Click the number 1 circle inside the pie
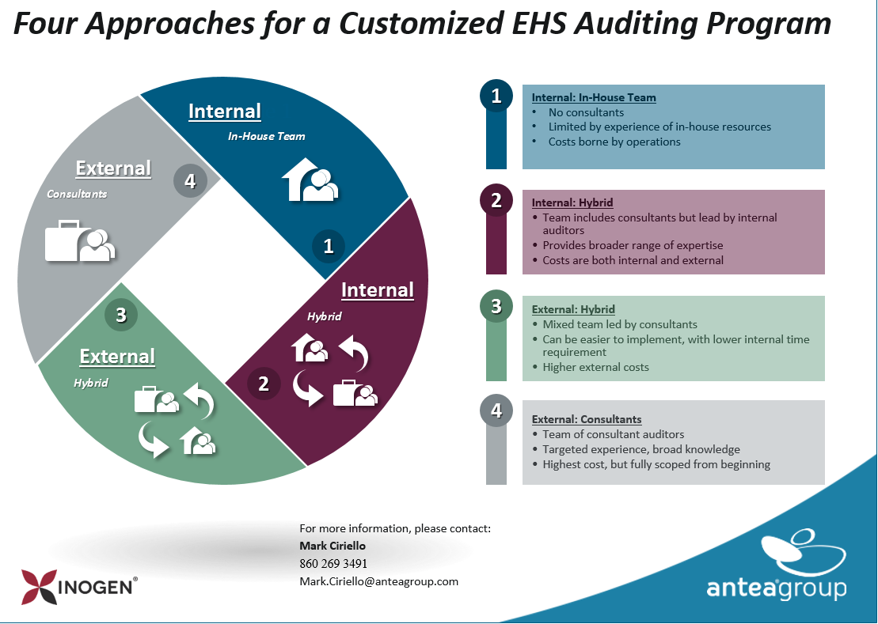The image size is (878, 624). (x=329, y=246)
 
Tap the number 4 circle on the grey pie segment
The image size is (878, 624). (x=190, y=181)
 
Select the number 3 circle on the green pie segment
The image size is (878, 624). (x=121, y=315)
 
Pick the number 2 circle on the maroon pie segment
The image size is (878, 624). (x=264, y=384)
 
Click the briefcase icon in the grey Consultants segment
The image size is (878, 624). (x=63, y=241)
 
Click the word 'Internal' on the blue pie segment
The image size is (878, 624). (x=225, y=112)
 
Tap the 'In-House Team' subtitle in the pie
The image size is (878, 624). (x=266, y=136)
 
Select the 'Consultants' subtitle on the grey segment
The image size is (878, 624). (x=77, y=193)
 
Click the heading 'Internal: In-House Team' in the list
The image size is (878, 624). (x=594, y=98)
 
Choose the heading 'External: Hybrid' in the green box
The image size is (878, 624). (x=573, y=309)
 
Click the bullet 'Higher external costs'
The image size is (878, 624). (x=595, y=367)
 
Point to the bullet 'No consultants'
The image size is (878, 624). (x=586, y=112)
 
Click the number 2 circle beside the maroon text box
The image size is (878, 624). (x=496, y=200)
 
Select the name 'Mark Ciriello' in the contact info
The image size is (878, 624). (x=333, y=546)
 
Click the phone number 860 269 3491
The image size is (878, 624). (x=333, y=564)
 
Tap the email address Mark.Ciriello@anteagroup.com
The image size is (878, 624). (x=378, y=581)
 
